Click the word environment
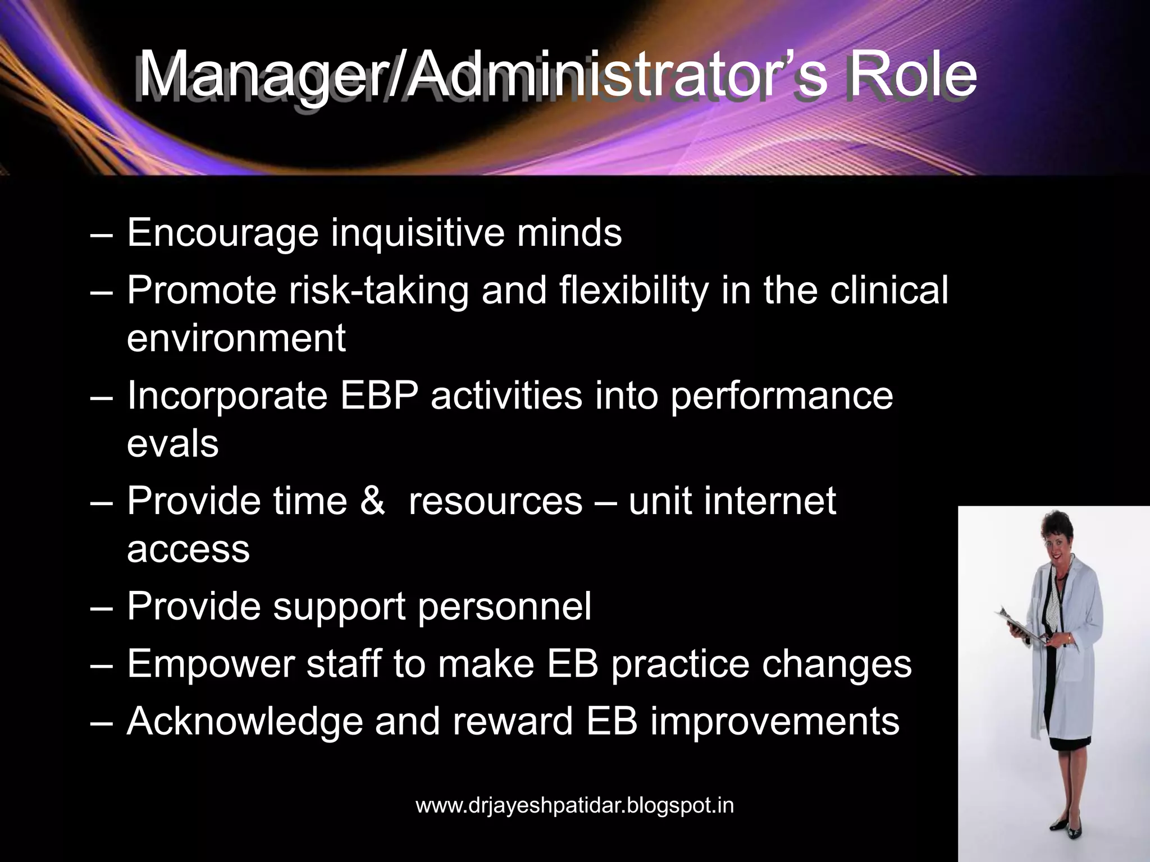coord(236,338)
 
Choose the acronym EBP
coord(379,395)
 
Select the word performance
coord(781,395)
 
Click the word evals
coord(172,443)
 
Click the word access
coord(188,548)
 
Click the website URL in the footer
coord(574,805)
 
